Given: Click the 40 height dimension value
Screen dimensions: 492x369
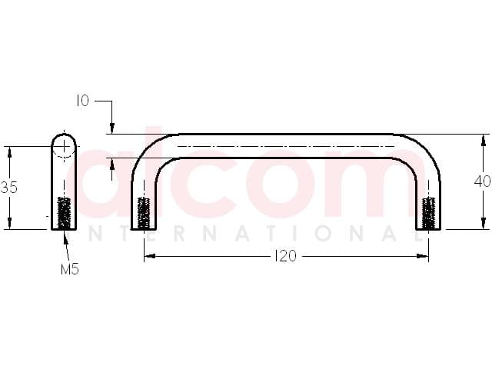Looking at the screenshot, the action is pos(483,181).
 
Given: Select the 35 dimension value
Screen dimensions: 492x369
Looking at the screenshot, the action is pos(9,188).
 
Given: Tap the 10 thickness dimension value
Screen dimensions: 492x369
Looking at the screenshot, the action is pos(82,101).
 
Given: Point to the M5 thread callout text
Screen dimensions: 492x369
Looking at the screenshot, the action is pos(70,269).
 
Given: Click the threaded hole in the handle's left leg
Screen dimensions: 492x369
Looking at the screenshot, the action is pos(144,213).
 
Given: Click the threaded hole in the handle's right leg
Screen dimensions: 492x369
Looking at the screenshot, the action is pos(428,213).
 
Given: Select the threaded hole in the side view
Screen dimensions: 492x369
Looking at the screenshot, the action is pos(64,212).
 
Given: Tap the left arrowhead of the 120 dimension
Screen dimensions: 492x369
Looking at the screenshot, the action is pos(149,256).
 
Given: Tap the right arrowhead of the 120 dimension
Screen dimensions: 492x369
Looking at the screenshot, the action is pos(423,256).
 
